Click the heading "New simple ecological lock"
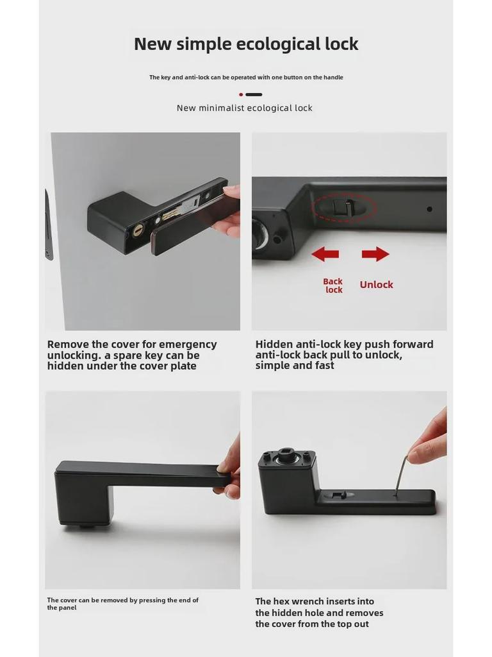(x=246, y=44)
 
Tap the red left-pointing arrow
(x=325, y=254)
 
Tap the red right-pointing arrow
(x=375, y=254)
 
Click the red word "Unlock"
(x=376, y=285)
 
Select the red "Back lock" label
(x=333, y=286)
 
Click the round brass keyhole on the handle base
(x=138, y=228)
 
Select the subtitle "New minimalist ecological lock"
(x=245, y=108)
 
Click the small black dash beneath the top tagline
(x=254, y=94)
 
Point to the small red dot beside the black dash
(x=241, y=94)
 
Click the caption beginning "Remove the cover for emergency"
(x=132, y=355)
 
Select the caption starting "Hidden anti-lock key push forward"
(x=344, y=355)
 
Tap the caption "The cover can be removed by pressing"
(x=122, y=604)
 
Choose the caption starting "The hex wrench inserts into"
(x=319, y=613)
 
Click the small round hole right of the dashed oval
(x=429, y=209)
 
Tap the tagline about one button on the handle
(x=246, y=78)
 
